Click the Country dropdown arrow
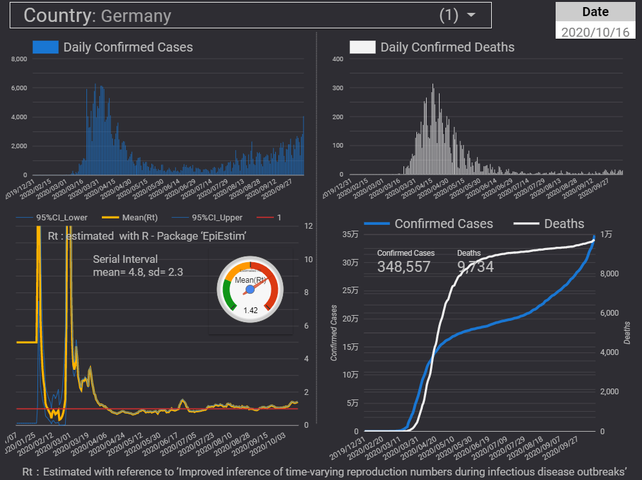pos(471,15)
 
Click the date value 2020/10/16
pos(595,32)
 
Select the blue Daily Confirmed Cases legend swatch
pos(46,47)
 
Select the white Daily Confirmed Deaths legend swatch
pos(362,47)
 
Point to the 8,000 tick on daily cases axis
pos(19,59)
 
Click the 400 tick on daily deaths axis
pos(337,59)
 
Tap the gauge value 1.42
pos(250,310)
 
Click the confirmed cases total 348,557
pos(404,266)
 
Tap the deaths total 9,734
pos(475,266)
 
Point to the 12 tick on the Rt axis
pos(309,226)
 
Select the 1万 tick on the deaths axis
pos(607,235)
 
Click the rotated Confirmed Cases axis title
pos(334,332)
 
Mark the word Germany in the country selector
pos(136,16)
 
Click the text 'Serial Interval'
pos(125,259)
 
